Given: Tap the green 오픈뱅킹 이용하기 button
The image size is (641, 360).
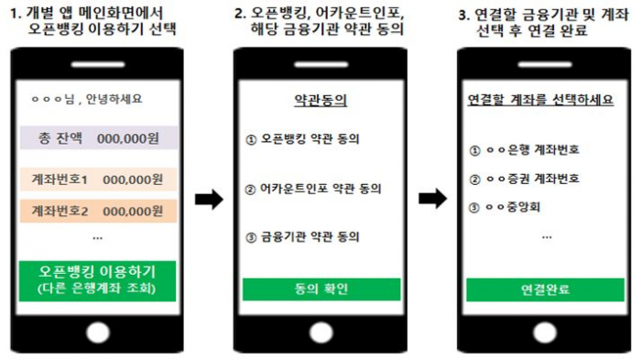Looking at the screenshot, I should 97,279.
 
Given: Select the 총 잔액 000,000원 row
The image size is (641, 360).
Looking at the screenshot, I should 97,139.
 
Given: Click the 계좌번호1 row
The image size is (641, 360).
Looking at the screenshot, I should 97,180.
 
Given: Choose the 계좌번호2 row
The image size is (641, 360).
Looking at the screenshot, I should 97,211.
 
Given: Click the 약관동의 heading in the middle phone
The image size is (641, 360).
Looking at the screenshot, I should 321,100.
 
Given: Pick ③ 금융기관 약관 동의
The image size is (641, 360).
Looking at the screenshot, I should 303,237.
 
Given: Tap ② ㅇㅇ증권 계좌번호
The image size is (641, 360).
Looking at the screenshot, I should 523,179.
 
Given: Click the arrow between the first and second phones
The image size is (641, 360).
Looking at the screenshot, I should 210,198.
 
